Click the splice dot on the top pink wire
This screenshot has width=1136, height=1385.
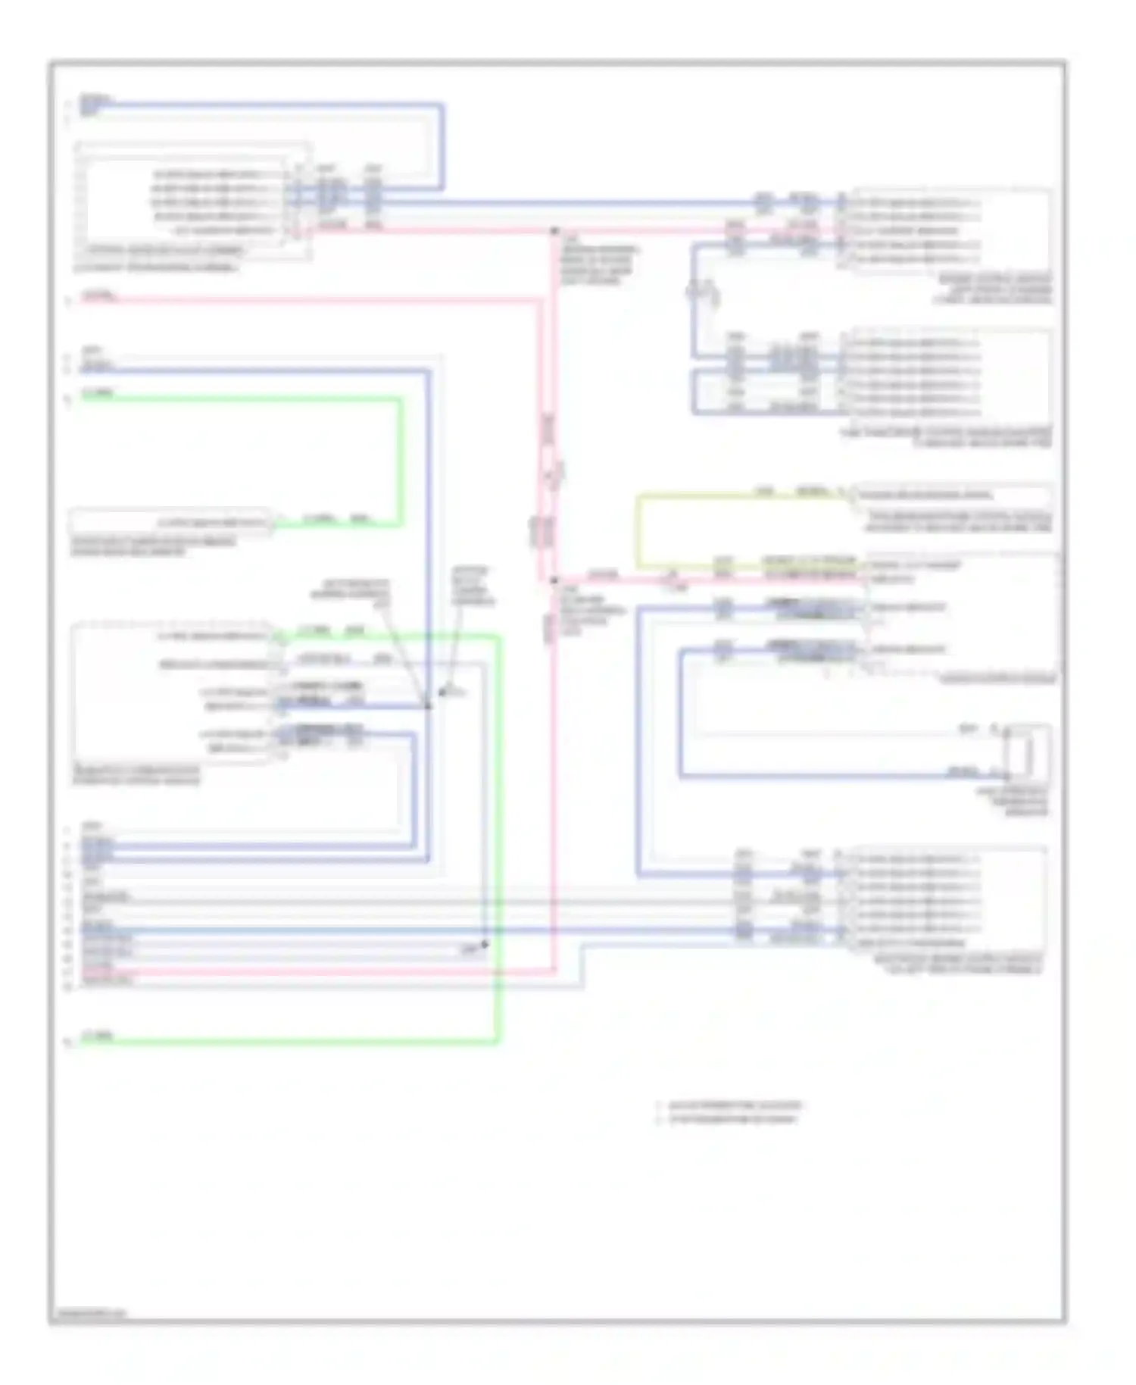click(x=554, y=230)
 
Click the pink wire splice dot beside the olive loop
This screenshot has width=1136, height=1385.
click(x=554, y=581)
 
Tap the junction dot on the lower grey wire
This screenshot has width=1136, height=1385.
click(x=485, y=945)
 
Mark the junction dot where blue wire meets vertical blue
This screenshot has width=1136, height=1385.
click(x=428, y=705)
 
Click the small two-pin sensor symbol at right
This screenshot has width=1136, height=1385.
click(x=1028, y=752)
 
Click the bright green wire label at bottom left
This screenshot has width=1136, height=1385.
click(x=98, y=1036)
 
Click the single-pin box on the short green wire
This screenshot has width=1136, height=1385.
click(x=170, y=523)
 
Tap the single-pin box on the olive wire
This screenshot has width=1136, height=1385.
click(x=950, y=495)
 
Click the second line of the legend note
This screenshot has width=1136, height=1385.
click(x=732, y=1119)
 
